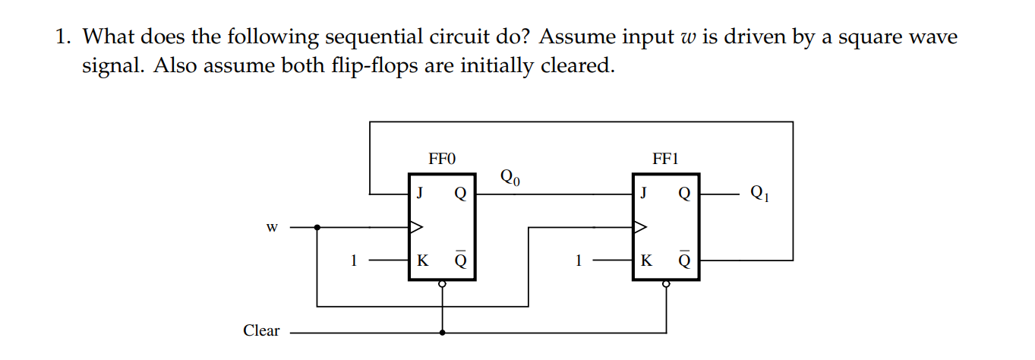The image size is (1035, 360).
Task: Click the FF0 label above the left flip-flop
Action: pyautogui.click(x=441, y=159)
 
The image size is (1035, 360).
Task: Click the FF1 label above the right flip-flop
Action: pyautogui.click(x=666, y=159)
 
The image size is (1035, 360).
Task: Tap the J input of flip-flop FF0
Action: pyautogui.click(x=418, y=192)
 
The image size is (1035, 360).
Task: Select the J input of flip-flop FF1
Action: pyautogui.click(x=643, y=192)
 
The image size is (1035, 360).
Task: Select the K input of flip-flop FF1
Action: pyautogui.click(x=645, y=261)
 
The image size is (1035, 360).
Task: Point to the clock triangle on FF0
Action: pyautogui.click(x=415, y=226)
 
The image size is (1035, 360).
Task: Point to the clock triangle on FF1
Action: pyautogui.click(x=640, y=226)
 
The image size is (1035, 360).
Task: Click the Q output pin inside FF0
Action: pyautogui.click(x=459, y=193)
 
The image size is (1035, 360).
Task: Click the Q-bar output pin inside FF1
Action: pyautogui.click(x=684, y=261)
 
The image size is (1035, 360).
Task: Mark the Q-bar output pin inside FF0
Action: pyautogui.click(x=459, y=261)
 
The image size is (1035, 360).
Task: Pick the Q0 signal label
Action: pyautogui.click(x=511, y=178)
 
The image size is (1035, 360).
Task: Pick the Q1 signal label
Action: pyautogui.click(x=759, y=193)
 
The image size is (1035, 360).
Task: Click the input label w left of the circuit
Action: pyautogui.click(x=273, y=226)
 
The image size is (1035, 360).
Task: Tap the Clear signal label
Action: pyautogui.click(x=261, y=330)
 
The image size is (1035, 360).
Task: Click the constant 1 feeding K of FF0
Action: pyautogui.click(x=353, y=261)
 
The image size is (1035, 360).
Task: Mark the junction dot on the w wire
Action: pyautogui.click(x=317, y=226)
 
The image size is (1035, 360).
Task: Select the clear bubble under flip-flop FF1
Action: pyautogui.click(x=667, y=284)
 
